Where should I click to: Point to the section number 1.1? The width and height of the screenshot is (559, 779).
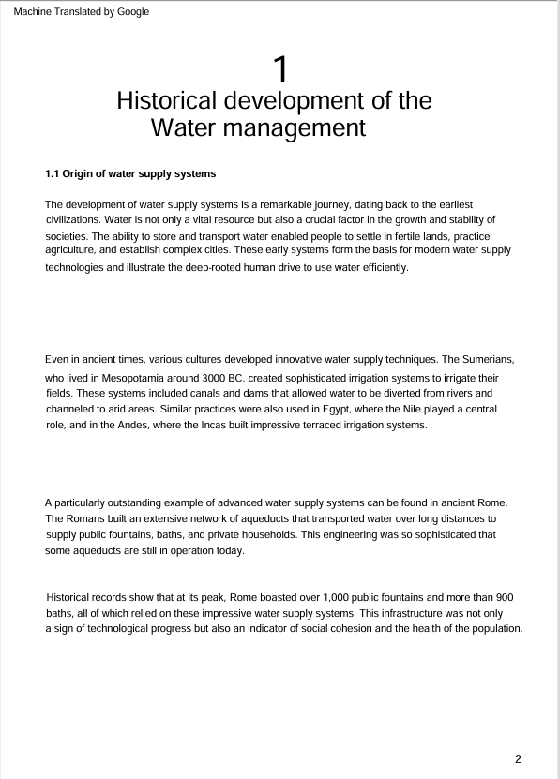click(x=53, y=173)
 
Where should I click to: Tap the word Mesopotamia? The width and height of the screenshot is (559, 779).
click(x=148, y=375)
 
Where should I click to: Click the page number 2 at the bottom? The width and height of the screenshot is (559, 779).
click(x=518, y=757)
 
